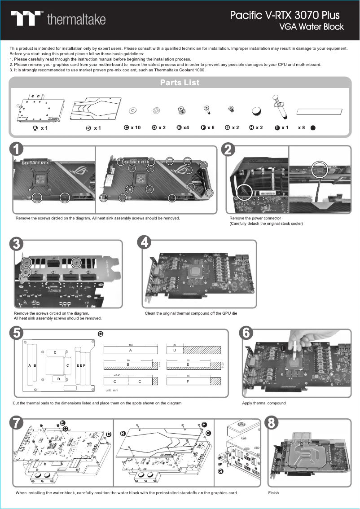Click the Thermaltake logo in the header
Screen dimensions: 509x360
pyautogui.click(x=58, y=19)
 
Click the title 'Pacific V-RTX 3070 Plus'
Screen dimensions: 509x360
pyautogui.click(x=285, y=15)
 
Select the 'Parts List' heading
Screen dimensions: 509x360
pyautogui.click(x=180, y=83)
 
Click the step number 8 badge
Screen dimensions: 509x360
pyautogui.click(x=272, y=423)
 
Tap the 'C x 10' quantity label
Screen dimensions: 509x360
pyautogui.click(x=132, y=128)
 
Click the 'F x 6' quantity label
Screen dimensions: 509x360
pyautogui.click(x=208, y=128)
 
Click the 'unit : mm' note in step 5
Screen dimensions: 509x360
pyautogui.click(x=112, y=391)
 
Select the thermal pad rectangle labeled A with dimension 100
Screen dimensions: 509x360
pyautogui.click(x=131, y=350)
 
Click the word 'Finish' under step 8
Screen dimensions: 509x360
pyautogui.click(x=273, y=493)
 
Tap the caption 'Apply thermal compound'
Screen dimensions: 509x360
pyautogui.click(x=263, y=403)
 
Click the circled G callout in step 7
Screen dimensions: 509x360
pyautogui.click(x=220, y=471)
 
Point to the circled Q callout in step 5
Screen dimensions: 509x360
pyautogui.click(x=101, y=333)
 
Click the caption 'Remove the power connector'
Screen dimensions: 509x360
pyautogui.click(x=255, y=218)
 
